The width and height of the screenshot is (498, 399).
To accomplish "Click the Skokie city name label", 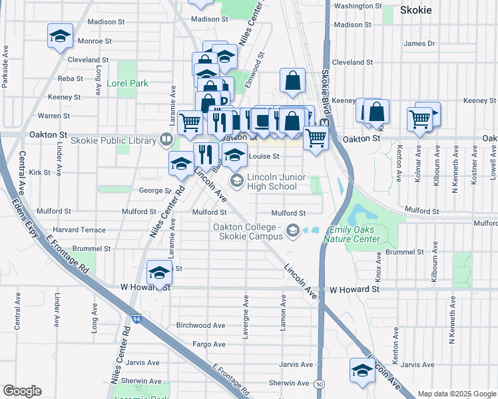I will [x=416, y=10].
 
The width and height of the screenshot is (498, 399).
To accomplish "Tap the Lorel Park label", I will [x=127, y=84].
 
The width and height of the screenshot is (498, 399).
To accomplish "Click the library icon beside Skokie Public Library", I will [x=166, y=140].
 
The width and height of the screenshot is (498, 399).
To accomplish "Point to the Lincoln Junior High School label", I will [x=272, y=182].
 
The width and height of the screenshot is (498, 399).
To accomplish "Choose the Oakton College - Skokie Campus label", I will [x=247, y=231].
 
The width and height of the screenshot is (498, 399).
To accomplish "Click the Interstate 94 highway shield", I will [x=136, y=319].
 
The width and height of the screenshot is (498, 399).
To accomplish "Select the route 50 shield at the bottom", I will [x=320, y=384].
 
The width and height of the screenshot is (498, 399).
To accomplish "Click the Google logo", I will [x=23, y=391].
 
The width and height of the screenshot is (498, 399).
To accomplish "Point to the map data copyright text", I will [x=457, y=394].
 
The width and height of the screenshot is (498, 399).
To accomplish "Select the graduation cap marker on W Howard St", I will [x=159, y=273].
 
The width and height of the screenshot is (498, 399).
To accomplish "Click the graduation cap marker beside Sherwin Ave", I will [x=362, y=370].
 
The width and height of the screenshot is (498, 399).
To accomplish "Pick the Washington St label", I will [x=358, y=6].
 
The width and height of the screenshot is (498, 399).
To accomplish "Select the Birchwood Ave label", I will [x=201, y=325].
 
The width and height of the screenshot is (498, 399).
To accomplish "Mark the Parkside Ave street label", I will [x=5, y=66].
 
